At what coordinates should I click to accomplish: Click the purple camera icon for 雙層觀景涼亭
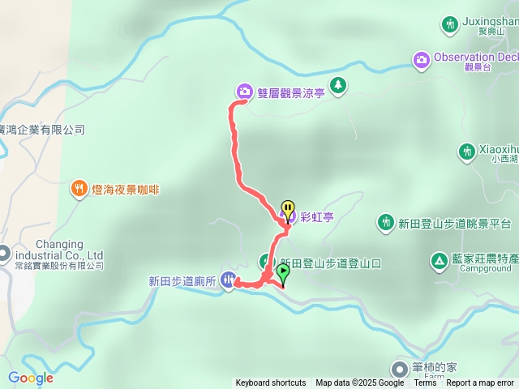[x=244, y=91]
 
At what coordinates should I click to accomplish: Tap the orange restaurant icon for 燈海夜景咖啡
[x=79, y=189]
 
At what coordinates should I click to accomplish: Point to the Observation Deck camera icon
[x=421, y=58]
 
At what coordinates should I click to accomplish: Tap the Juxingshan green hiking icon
[x=450, y=24]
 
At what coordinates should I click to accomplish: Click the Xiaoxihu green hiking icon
[x=466, y=151]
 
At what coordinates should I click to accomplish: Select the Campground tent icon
[x=438, y=261]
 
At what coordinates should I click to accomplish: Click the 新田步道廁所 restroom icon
[x=229, y=280]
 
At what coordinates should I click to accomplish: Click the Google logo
[x=31, y=378]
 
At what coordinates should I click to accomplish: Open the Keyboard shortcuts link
[x=271, y=383]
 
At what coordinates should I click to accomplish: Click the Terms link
[x=425, y=383]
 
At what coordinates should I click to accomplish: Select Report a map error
[x=480, y=383]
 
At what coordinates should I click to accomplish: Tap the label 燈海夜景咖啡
[x=125, y=190]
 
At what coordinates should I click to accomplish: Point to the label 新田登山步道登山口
[x=330, y=263]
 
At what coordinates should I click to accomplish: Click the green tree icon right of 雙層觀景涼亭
[x=338, y=84]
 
